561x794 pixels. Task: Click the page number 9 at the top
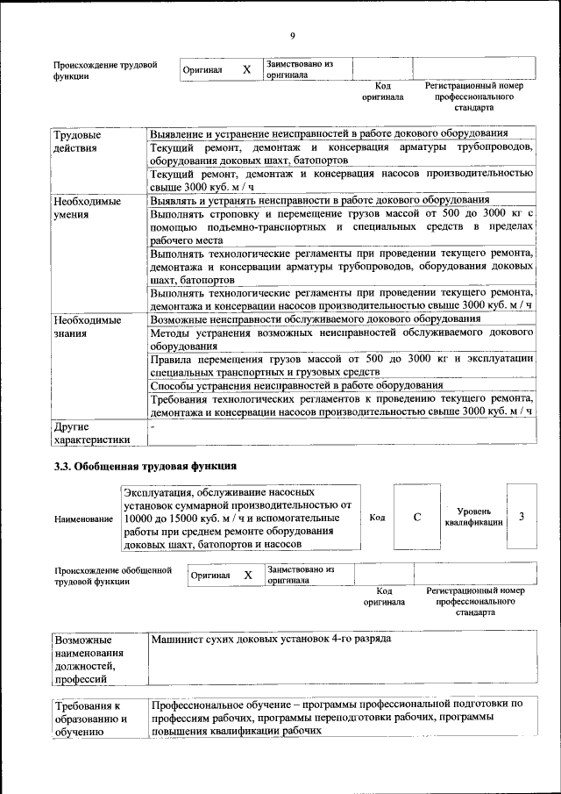point(293,36)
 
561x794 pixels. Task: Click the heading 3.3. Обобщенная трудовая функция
point(146,465)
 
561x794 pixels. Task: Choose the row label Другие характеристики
point(92,433)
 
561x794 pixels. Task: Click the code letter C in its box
point(417,517)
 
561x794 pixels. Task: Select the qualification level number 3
point(522,517)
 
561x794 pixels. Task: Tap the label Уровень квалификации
point(473,517)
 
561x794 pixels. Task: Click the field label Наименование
point(83,519)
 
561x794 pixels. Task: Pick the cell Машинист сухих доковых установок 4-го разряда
point(271,638)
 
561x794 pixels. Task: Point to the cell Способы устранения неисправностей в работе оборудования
point(296,385)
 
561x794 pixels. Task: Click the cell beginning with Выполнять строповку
point(341,225)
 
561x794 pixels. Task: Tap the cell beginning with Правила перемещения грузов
point(341,365)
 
